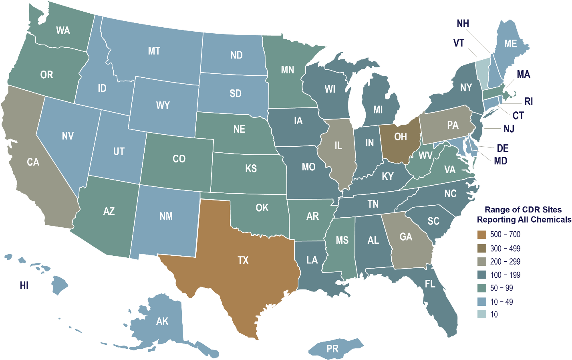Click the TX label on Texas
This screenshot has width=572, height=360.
[243, 260]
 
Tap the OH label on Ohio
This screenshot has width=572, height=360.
[400, 137]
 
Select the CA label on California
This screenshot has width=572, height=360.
[33, 162]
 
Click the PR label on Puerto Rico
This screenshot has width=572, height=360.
[332, 349]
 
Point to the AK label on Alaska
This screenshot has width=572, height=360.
[162, 321]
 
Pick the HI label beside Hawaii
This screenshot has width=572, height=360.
[24, 285]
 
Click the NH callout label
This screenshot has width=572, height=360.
[463, 24]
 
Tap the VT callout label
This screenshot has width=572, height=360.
[459, 43]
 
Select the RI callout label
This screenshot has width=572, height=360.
[529, 101]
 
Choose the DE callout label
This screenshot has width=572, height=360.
[503, 148]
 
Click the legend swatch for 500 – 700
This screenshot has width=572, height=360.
[481, 235]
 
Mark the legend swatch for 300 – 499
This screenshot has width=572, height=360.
[481, 248]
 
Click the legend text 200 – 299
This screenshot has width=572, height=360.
[505, 262]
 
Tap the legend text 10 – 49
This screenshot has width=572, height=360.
[502, 301]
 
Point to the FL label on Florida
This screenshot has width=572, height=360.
[430, 284]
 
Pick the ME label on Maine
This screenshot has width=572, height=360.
[510, 43]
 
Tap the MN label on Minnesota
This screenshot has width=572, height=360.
[287, 70]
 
